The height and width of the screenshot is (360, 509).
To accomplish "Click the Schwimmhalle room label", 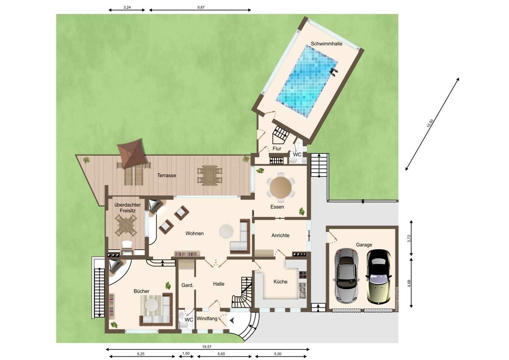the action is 326,44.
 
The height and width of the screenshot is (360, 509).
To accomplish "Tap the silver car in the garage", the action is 346,276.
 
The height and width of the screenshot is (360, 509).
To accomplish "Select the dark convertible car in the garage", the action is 379,277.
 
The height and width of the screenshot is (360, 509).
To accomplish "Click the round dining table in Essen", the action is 281,188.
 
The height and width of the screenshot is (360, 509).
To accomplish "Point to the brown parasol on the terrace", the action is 131,152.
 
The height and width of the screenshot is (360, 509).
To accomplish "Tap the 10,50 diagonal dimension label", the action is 430,123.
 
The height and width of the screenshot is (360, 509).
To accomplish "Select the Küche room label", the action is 280,282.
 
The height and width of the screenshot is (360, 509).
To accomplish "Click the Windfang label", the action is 207,319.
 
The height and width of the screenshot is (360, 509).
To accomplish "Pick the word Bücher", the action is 141,291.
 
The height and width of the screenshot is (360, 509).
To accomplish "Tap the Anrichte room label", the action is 280,235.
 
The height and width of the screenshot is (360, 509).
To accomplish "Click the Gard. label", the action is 187,285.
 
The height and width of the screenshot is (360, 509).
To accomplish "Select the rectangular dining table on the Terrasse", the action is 209,175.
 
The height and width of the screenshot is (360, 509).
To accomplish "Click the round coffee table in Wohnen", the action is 226,231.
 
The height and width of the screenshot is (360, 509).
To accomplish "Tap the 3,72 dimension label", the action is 409,238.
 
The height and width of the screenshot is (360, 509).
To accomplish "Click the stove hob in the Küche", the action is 303,275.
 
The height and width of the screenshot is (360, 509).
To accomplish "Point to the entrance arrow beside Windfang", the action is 232,321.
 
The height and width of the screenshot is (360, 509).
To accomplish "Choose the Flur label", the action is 277,149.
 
